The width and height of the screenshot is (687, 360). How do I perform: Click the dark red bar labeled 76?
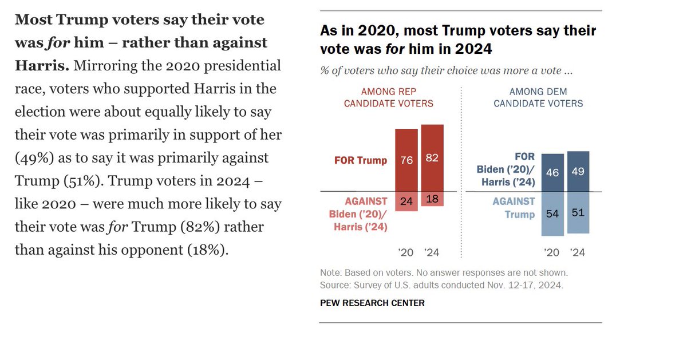point(406,160)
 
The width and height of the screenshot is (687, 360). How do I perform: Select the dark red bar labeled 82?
point(432,158)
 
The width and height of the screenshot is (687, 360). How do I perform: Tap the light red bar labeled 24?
point(406,201)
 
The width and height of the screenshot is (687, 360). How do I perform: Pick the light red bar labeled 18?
point(432,199)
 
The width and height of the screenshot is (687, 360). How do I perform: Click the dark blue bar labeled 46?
point(552,172)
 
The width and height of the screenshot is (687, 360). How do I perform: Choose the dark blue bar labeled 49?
point(578,171)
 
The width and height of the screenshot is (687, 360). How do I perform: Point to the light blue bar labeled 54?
point(552,213)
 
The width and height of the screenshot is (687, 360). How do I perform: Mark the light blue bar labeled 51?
point(578,212)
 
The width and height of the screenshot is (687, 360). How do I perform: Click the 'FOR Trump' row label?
point(361,160)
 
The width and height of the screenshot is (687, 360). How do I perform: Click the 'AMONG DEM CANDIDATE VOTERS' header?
point(538,98)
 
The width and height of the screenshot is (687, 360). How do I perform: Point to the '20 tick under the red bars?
point(406,252)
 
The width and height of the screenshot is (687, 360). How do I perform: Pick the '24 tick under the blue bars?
point(578,252)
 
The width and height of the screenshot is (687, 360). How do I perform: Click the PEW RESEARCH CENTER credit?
point(372,303)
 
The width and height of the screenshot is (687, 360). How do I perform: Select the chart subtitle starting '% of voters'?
point(447,71)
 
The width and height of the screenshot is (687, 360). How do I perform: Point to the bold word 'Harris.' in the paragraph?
point(42,66)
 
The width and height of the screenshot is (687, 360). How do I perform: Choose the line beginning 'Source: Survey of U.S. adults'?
point(441,284)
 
